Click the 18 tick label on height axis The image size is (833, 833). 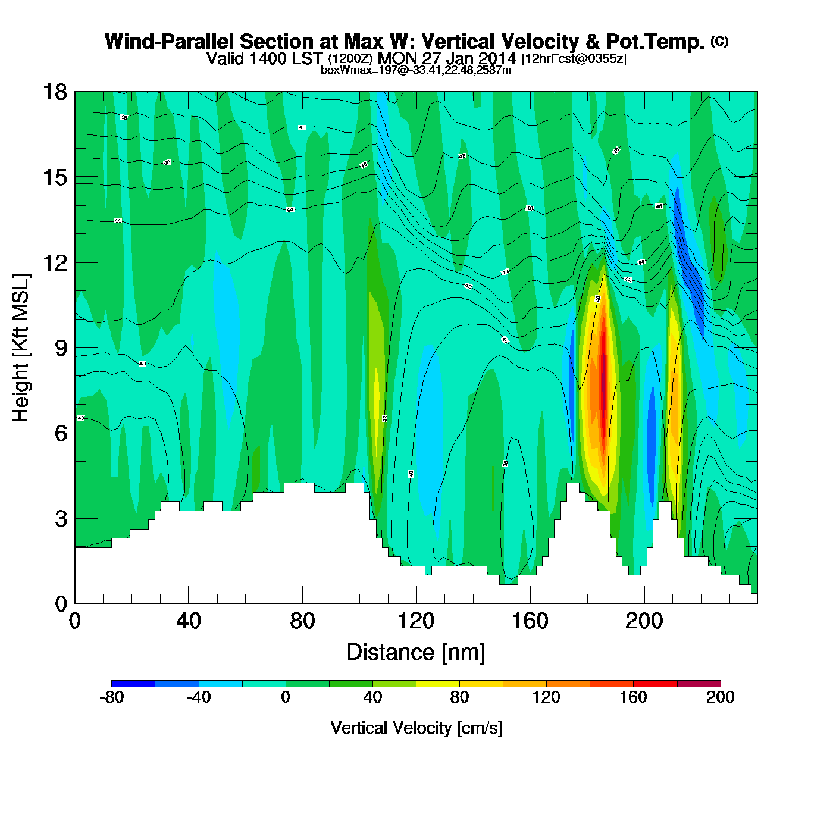(55, 92)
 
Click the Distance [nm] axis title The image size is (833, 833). (416, 653)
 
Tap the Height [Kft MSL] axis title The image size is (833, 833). (21, 348)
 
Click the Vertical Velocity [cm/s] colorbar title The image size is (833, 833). (416, 728)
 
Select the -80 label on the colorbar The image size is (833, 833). (111, 697)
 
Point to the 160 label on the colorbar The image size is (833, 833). (633, 697)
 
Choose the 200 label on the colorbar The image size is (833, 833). (720, 697)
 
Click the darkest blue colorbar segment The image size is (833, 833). (133, 684)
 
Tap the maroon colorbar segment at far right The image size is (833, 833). (699, 684)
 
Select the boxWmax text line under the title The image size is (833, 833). (416, 70)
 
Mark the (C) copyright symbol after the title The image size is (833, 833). (719, 41)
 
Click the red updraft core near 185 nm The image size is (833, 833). (603, 381)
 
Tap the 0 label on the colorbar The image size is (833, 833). (286, 697)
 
